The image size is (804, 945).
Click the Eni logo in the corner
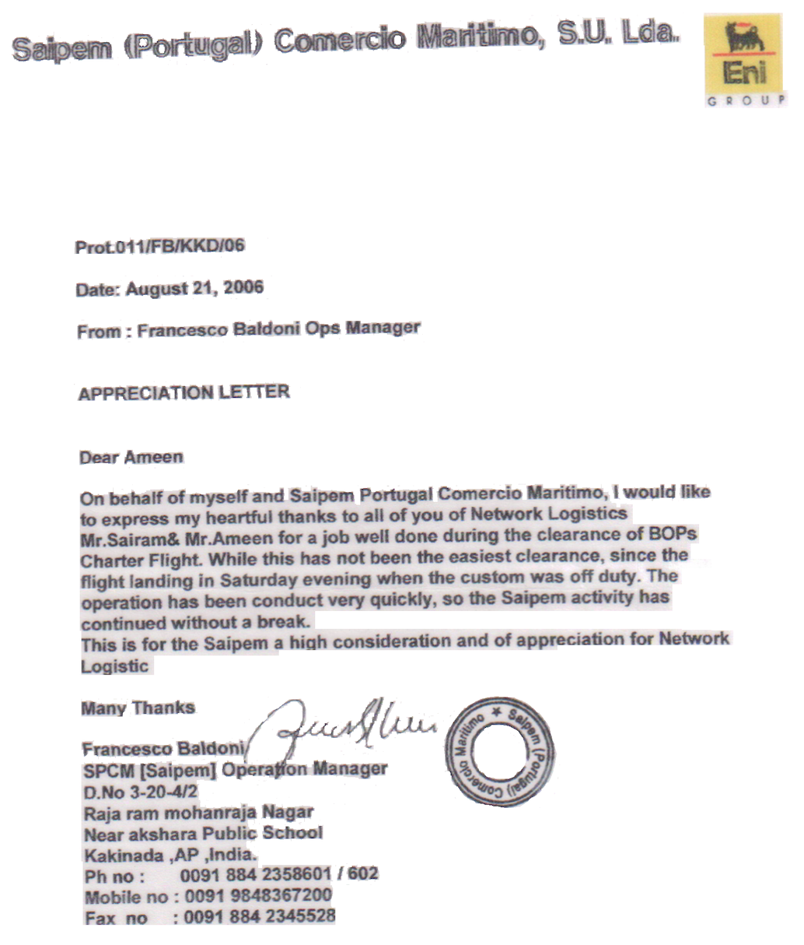click(744, 54)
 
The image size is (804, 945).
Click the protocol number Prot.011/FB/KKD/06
click(160, 247)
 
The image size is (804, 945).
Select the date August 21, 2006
click(194, 289)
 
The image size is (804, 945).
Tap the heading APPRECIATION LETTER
click(184, 392)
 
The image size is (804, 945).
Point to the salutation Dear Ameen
click(131, 457)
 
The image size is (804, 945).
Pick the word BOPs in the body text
click(673, 535)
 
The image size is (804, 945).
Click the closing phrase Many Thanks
click(138, 708)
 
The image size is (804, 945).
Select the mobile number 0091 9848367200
click(258, 895)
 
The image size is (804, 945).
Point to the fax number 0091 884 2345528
click(260, 916)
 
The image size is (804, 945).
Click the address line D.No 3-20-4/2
click(141, 792)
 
